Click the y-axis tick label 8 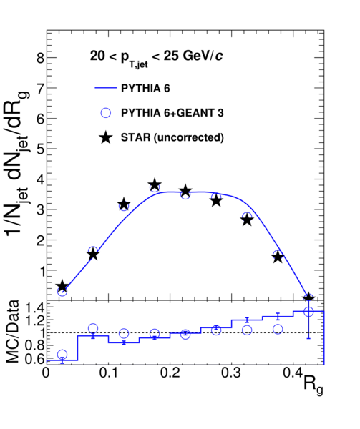(x=41, y=58)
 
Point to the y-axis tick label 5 (x=41, y=149)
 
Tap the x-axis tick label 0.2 (x=170, y=373)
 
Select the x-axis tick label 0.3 (x=232, y=373)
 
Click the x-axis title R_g (x=313, y=385)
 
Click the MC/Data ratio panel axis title (x=13, y=332)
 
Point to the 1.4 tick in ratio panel (x=34, y=309)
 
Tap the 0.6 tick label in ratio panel (x=34, y=359)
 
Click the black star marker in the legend (x=106, y=137)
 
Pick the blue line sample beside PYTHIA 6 (x=106, y=88)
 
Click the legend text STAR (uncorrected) (x=172, y=137)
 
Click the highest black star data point (x=155, y=185)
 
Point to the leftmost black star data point (x=62, y=286)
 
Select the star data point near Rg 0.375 (x=278, y=257)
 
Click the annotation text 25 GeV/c (x=193, y=56)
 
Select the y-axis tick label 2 (x=41, y=240)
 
